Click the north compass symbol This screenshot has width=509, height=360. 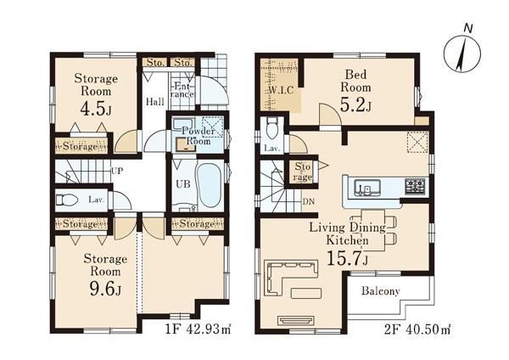[462, 53]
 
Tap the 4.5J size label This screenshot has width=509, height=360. [96, 110]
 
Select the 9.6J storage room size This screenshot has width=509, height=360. [105, 289]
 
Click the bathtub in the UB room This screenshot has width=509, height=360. [210, 187]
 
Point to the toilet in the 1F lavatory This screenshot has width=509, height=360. [66, 200]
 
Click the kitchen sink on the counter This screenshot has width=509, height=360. [367, 188]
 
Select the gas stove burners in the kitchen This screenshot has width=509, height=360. [415, 187]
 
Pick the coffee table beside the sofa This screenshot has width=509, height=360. [306, 293]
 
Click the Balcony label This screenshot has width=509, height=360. [380, 291]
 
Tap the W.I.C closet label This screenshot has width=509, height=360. [281, 90]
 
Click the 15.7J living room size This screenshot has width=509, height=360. [347, 258]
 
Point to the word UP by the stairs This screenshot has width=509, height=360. [117, 171]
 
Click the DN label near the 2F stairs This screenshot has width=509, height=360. [309, 202]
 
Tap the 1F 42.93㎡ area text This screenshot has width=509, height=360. [198, 329]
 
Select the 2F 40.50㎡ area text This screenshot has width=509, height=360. [417, 329]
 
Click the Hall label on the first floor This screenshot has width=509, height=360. [155, 102]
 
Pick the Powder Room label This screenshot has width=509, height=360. [198, 136]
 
